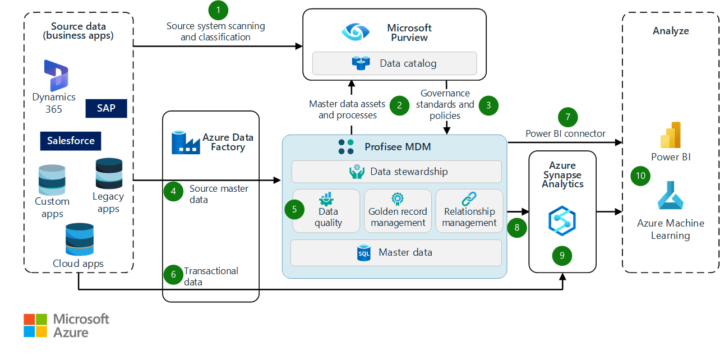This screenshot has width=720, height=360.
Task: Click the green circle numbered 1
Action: pos(218,10)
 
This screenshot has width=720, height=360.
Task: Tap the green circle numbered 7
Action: pos(567,117)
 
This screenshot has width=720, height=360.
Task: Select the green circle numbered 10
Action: pos(640,176)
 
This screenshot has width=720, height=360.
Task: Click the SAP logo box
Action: pos(106,108)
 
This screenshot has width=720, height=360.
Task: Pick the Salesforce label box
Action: pos(71,141)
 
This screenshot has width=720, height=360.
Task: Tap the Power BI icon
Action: pos(670,135)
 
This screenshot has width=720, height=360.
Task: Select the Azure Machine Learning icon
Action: pos(670,197)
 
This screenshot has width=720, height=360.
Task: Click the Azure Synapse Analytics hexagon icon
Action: pos(562,220)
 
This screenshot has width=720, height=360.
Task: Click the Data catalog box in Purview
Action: pos(394,63)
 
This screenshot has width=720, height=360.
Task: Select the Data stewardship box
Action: pos(396,172)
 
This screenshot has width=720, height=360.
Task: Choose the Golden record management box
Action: pos(398,211)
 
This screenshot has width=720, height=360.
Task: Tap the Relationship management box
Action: pos(469,211)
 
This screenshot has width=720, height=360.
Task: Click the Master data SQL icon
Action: pos(364,253)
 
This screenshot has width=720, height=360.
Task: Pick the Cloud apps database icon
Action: pos(78,239)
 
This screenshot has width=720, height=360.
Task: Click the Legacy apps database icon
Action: pos(109,173)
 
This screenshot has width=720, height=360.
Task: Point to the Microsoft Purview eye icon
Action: pos(356,32)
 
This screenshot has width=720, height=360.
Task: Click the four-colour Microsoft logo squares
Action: pos(35,325)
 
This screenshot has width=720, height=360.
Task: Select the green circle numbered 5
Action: pos(294,209)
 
